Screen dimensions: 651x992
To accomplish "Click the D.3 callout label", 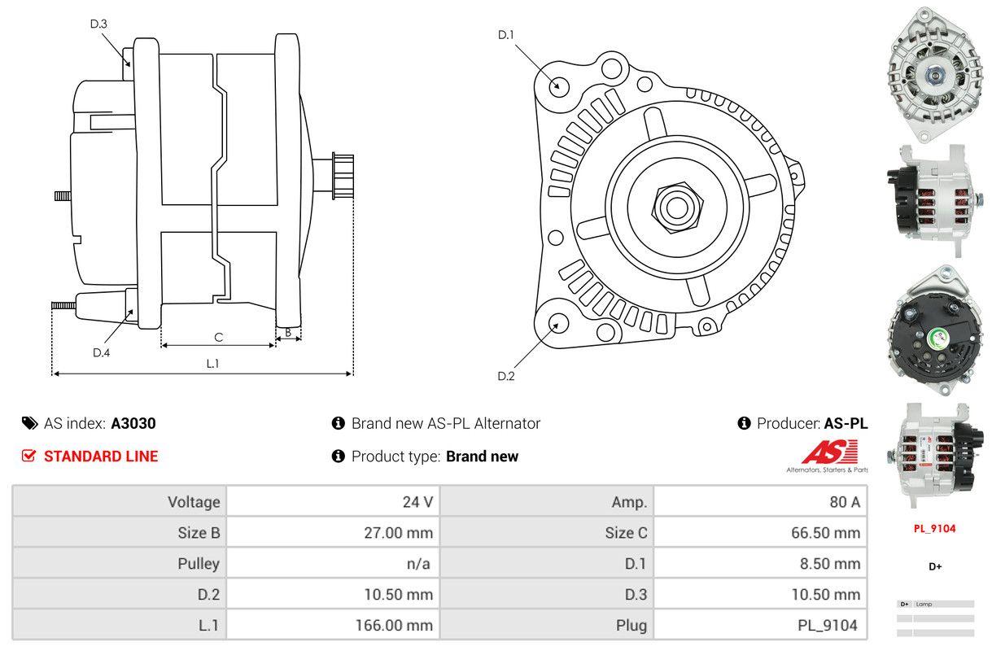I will click(98, 24).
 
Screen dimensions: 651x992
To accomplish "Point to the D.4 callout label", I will click(101, 352).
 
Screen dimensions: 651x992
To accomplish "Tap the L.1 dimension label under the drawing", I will click(212, 364).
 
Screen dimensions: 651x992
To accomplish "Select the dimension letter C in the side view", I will click(218, 337).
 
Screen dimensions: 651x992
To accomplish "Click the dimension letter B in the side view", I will click(288, 332).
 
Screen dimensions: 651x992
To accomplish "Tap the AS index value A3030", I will click(133, 423).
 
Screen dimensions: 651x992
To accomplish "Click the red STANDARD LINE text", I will click(101, 457).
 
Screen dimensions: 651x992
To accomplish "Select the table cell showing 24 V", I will click(333, 501).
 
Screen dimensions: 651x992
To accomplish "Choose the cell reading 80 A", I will click(760, 501).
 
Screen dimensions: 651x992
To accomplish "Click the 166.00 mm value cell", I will click(333, 625).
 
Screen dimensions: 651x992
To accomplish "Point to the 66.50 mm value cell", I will click(760, 533).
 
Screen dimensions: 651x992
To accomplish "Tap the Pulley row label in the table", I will click(120, 563).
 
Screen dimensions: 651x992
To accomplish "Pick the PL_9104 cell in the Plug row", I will click(760, 625).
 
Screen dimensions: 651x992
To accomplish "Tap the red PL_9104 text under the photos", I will click(934, 528).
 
